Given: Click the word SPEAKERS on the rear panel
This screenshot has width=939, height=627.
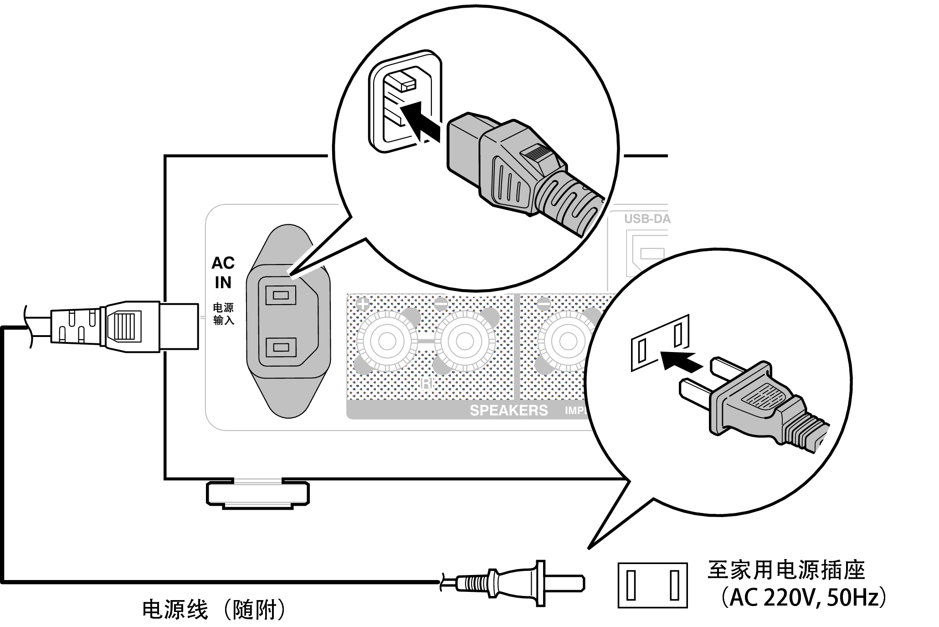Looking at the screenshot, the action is [x=508, y=410].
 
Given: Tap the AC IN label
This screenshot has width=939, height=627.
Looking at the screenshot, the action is [x=223, y=273].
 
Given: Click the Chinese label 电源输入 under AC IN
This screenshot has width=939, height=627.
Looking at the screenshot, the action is [x=224, y=314].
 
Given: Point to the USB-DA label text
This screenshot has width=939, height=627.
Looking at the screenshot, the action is [x=647, y=219].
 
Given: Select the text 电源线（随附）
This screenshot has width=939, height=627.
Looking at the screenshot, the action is [x=214, y=609].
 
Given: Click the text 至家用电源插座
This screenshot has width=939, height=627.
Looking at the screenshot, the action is [x=786, y=570].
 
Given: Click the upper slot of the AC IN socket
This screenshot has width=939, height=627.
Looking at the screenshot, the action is [x=280, y=295].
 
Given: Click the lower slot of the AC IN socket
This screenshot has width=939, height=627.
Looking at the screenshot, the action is [x=280, y=347].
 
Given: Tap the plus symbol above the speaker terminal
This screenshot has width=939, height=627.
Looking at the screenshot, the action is [x=362, y=304].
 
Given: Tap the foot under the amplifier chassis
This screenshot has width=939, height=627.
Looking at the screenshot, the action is [x=258, y=493].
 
